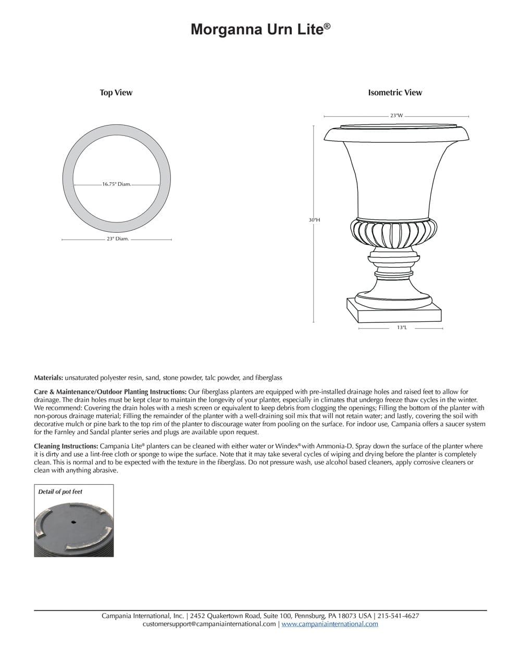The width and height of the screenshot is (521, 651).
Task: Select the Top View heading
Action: pyautogui.click(x=116, y=93)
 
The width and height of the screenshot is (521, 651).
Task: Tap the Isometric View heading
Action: pyautogui.click(x=395, y=93)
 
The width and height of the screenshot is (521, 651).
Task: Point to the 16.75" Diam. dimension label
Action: pyautogui.click(x=116, y=184)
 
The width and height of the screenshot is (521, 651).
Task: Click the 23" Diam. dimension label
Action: pyautogui.click(x=117, y=239)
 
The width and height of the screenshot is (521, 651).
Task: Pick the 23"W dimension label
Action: pyautogui.click(x=396, y=116)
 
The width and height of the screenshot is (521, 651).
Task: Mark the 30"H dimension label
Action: pyautogui.click(x=314, y=220)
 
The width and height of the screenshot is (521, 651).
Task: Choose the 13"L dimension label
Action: pyautogui.click(x=401, y=328)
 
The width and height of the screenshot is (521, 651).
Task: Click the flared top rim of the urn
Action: pyautogui.click(x=396, y=134)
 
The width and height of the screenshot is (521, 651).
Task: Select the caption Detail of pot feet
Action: pyautogui.click(x=60, y=492)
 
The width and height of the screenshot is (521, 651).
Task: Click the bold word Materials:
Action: pyautogui.click(x=48, y=378)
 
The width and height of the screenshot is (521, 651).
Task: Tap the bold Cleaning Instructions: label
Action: pyautogui.click(x=66, y=446)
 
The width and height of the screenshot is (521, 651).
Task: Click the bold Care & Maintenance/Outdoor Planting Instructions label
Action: pyautogui.click(x=110, y=392)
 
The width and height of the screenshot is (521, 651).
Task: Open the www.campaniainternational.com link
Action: pyautogui.click(x=329, y=624)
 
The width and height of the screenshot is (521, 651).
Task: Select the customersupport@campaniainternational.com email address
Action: pyautogui.click(x=209, y=624)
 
